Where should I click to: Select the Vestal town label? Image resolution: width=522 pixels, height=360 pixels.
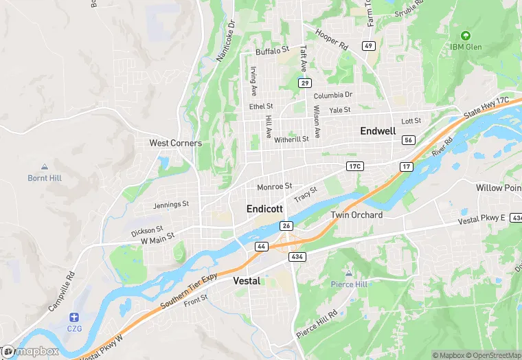pos(247,281)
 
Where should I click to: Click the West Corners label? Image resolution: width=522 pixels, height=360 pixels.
pos(176,143)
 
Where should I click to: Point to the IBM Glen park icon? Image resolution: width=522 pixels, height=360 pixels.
pos(466,35)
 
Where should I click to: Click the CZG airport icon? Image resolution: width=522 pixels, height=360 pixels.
pos(73,317)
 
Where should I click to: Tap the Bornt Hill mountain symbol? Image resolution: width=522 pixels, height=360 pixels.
pos(45,167)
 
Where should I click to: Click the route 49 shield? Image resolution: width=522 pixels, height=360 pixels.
pos(369,46)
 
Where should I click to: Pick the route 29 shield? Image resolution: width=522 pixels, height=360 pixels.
pos(304,82)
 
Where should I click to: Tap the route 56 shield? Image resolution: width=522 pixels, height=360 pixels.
pos(408,139)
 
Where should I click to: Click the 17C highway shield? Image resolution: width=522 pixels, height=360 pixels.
pos(354,166)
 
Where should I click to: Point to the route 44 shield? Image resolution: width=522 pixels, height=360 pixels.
pos(262,245)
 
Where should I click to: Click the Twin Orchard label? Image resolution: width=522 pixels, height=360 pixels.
pos(356,215)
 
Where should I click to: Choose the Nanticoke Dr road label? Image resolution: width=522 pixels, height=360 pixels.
pos(226,41)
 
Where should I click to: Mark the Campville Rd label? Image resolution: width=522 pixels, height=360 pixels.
pos(61,293)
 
